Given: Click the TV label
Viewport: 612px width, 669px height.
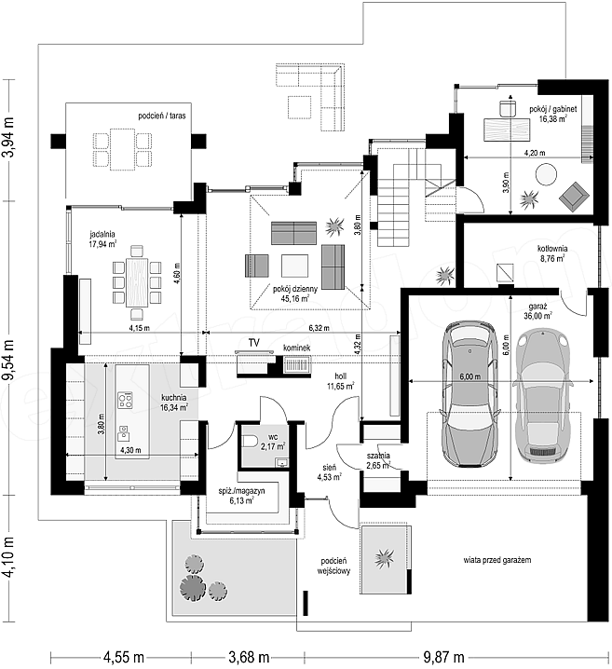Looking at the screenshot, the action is (x=254, y=343).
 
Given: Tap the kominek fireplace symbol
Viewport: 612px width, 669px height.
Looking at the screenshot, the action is (x=297, y=365).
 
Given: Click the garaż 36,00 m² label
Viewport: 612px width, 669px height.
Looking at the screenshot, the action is (x=537, y=311).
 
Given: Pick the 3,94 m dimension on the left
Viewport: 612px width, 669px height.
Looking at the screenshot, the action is (x=9, y=138).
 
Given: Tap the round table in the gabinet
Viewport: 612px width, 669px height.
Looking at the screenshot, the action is (x=546, y=174).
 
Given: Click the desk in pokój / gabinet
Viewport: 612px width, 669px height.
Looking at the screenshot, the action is (x=507, y=130).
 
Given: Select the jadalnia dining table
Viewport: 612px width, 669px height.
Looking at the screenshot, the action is (x=137, y=282).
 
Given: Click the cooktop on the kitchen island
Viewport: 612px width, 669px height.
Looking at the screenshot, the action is (x=126, y=401).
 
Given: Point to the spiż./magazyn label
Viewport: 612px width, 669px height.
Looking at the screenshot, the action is (x=241, y=496).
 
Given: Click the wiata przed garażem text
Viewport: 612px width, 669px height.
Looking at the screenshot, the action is (x=497, y=560).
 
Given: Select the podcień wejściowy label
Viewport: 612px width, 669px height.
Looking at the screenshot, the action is (x=333, y=565).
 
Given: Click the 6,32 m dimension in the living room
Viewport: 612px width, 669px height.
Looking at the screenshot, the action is (x=320, y=328).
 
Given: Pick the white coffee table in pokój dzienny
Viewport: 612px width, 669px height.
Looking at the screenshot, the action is (x=294, y=266).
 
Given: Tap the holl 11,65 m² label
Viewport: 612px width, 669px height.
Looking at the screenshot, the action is (x=341, y=381).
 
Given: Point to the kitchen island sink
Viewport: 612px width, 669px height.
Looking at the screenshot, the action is (x=123, y=432).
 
